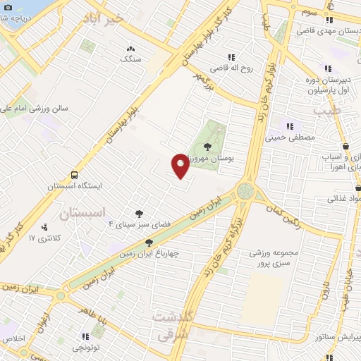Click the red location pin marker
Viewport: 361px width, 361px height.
180,165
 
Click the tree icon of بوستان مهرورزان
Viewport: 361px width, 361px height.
206,147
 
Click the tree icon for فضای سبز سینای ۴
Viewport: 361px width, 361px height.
139,214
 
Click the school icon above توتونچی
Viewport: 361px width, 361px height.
86,336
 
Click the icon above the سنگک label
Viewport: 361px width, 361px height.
130,49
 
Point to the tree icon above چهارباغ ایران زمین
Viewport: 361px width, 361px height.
149,243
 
